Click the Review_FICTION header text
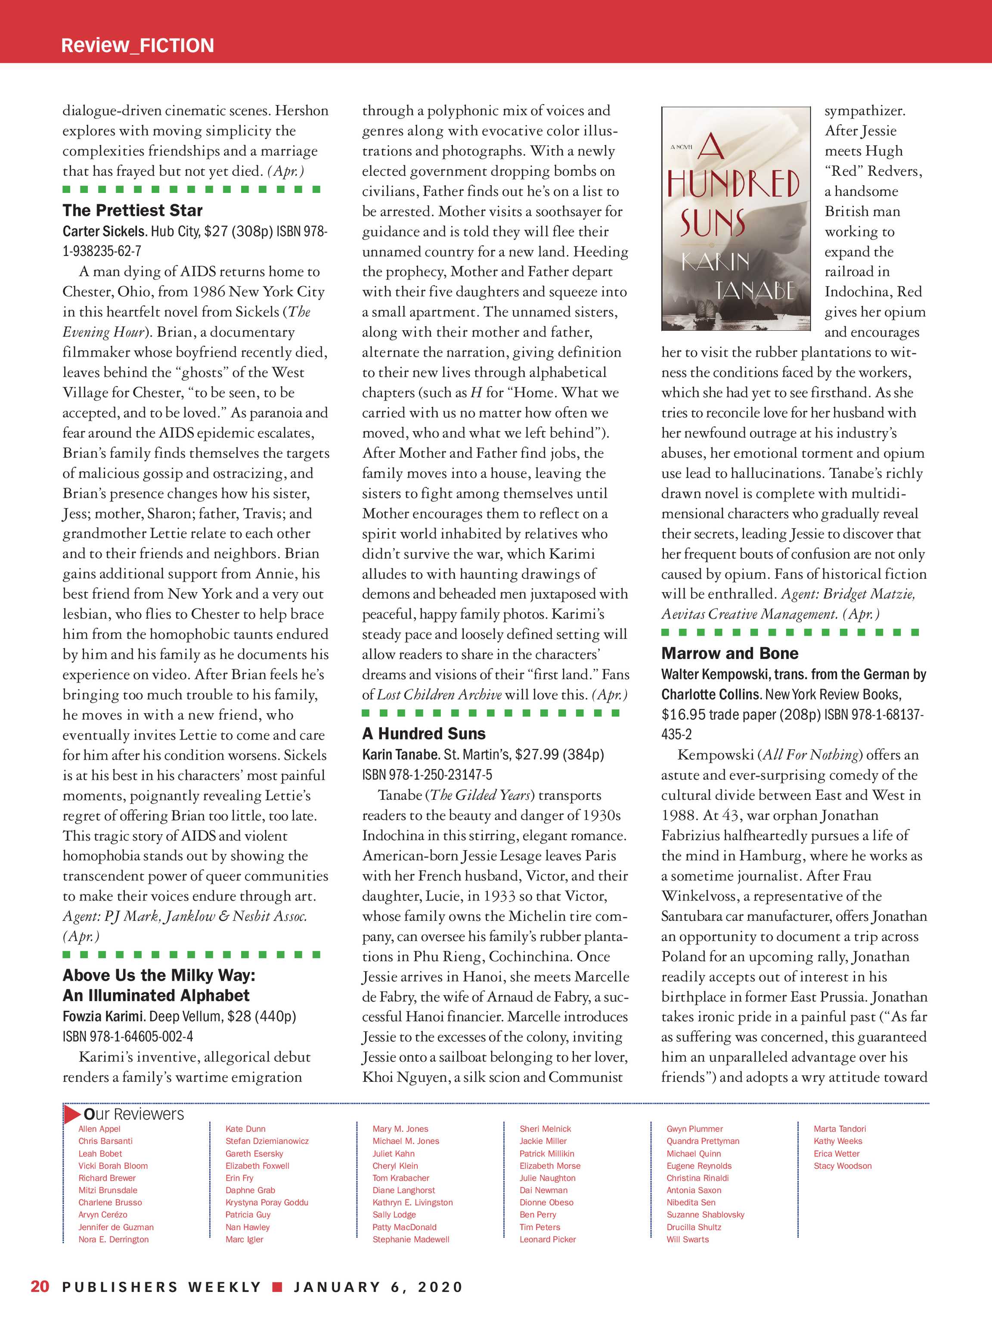coord(137,46)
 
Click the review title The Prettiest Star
coord(133,211)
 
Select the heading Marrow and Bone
coord(729,653)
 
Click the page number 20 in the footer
coord(40,1286)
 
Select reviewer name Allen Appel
coord(99,1129)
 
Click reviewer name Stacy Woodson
coord(843,1166)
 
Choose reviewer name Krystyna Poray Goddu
coord(267,1202)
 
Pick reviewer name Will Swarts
coord(688,1239)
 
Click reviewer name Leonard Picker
coord(548,1239)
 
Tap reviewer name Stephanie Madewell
coord(411,1239)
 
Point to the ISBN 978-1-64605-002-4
coord(128,1037)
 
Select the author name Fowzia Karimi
coord(104,1016)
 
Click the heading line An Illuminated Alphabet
coord(156,995)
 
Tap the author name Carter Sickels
coord(105,231)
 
